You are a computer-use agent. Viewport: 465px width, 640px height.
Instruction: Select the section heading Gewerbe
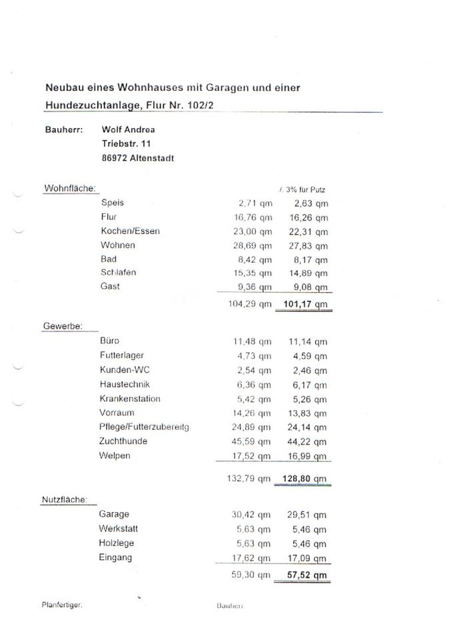pos(63,326)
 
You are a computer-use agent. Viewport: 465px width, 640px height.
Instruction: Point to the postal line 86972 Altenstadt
pos(138,159)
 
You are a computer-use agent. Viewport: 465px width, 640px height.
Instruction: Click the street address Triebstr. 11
pos(127,144)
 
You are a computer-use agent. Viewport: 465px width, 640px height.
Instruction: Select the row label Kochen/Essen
pos(131,231)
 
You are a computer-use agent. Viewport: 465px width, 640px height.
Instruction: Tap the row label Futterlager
pos(122,355)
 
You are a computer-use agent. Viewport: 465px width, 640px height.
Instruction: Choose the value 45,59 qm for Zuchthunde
pos(249,442)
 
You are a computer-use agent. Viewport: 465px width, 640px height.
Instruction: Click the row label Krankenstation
pos(130,399)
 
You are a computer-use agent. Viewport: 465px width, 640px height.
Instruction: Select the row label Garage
pos(114,514)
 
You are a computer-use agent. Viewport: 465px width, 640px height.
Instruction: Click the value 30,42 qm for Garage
pos(249,515)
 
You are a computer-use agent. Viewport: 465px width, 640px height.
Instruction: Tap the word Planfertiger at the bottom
pos(61,605)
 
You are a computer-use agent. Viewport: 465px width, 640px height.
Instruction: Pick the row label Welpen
pos(115,456)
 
